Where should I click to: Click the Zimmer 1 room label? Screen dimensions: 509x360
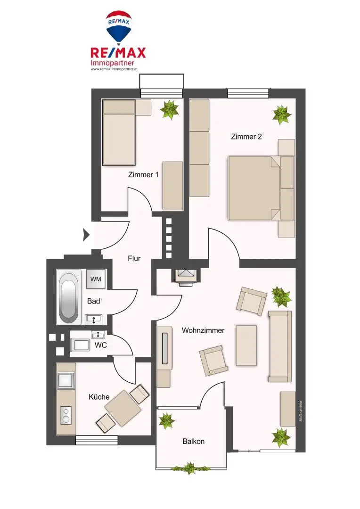143,174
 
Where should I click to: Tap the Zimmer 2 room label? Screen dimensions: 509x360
246,137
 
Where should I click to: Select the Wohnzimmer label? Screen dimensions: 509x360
203,330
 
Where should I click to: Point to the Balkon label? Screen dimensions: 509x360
193,442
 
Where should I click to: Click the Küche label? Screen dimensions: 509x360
99,397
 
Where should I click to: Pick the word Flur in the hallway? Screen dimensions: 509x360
134,258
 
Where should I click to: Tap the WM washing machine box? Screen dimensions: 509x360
96,279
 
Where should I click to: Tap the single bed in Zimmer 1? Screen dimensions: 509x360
119,133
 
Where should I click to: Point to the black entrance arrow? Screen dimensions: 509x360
86,235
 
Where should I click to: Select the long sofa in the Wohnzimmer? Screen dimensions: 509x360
280,346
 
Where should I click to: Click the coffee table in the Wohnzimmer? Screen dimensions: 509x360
246,345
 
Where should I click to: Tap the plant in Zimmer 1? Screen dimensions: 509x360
169,110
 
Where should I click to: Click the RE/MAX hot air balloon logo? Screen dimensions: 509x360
118,27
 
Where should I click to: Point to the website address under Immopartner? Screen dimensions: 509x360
114,69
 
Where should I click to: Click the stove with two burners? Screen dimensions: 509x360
65,415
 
